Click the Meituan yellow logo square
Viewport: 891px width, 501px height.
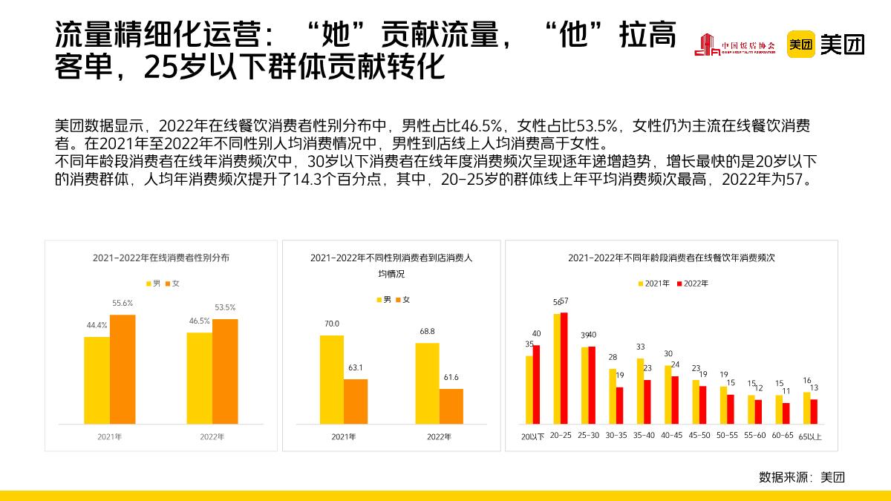(801, 45)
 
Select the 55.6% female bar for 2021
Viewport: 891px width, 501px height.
(123, 369)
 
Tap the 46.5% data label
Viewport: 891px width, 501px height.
(199, 321)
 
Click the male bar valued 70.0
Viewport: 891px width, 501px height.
(332, 379)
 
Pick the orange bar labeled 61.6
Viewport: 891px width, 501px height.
(451, 406)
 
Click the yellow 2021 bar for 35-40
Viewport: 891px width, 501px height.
(640, 391)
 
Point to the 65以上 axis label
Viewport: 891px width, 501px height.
(810, 436)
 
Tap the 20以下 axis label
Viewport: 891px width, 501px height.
(532, 436)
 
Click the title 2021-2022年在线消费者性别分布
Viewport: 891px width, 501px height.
(161, 258)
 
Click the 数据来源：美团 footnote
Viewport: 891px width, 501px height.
(801, 477)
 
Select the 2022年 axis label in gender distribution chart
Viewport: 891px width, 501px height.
(212, 436)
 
